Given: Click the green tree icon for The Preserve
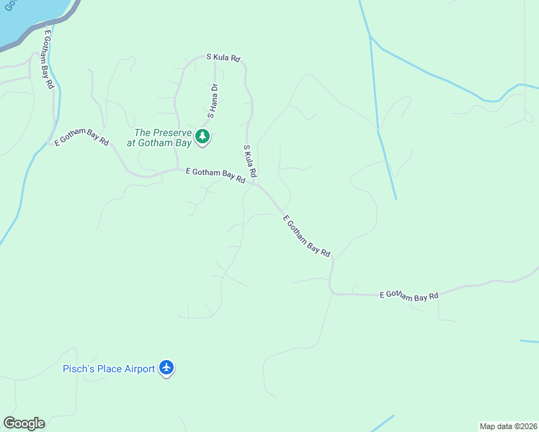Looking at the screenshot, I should tap(202, 135).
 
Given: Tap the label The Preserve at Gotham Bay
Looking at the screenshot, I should tap(164, 138).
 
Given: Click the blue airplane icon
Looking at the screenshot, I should tap(167, 368).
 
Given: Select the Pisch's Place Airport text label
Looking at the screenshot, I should tap(109, 369).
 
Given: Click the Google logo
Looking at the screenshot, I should tap(24, 423).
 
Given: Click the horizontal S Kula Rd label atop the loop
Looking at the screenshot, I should tap(223, 57).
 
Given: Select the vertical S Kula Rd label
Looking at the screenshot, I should tap(250, 162).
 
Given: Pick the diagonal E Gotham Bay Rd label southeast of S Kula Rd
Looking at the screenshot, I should tap(306, 236).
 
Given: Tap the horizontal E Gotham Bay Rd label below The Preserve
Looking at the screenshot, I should tap(215, 176).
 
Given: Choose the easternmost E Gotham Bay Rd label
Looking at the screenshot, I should tap(409, 295).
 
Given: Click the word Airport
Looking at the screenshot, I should tap(138, 369).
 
